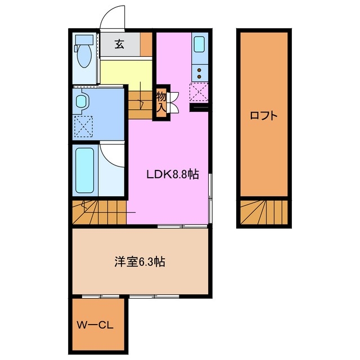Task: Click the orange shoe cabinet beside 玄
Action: [x=146, y=44]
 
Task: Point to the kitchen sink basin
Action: [x=199, y=44]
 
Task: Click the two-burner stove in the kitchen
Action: [x=199, y=71]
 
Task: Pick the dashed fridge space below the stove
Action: [x=199, y=91]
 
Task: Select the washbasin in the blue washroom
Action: [x=82, y=102]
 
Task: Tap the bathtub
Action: [x=84, y=169]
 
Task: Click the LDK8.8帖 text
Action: [x=172, y=175]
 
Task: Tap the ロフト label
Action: [x=263, y=116]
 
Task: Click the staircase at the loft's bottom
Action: [x=263, y=212]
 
